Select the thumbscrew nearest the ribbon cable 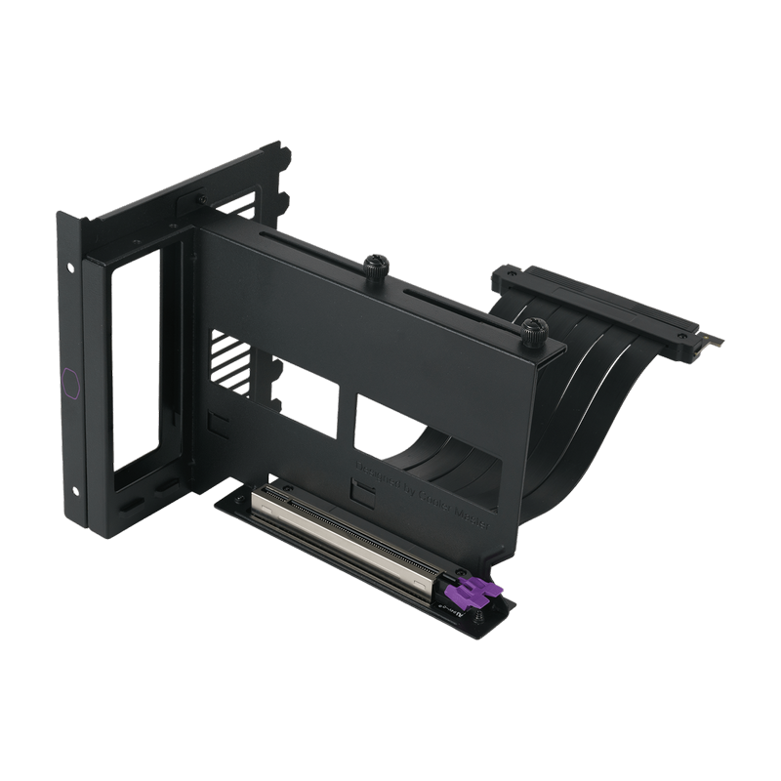click(x=532, y=329)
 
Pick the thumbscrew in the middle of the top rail click(x=374, y=266)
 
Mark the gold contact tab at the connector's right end click(x=716, y=343)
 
